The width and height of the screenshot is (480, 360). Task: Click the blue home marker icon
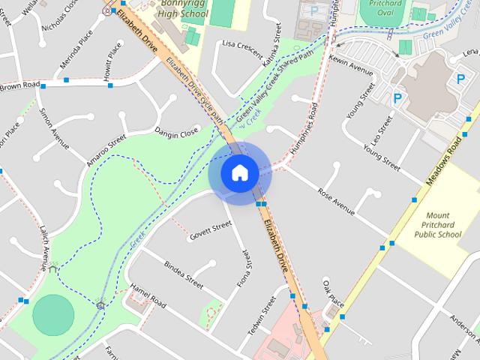[x=239, y=172]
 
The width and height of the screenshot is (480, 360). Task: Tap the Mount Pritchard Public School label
[x=438, y=224]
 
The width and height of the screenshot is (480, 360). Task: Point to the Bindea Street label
[x=184, y=275]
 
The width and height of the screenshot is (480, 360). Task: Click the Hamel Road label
[x=148, y=295]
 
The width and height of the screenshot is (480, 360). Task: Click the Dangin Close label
[x=176, y=133]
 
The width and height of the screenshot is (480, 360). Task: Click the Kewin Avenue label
[x=350, y=64]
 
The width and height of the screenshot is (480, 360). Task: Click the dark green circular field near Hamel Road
[x=54, y=315]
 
